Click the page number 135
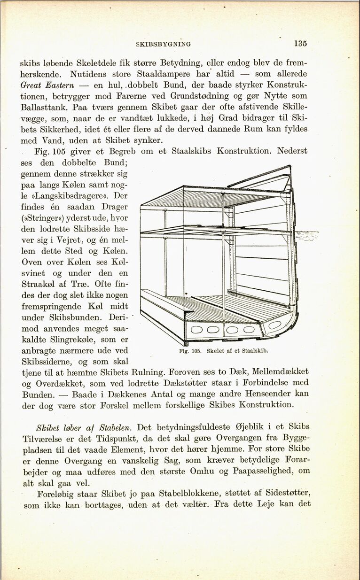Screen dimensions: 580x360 pyautogui.click(x=300, y=44)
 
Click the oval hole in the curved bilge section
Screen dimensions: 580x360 pyautogui.click(x=274, y=325)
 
